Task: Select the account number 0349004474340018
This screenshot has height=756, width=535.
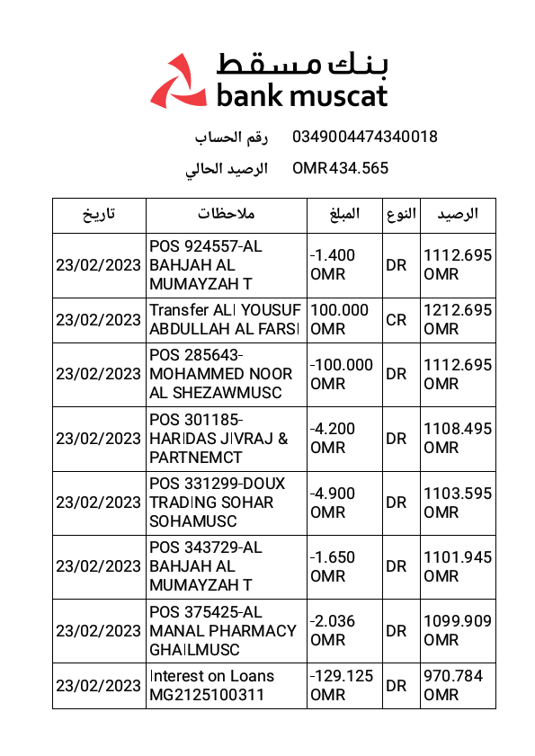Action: pos(364,137)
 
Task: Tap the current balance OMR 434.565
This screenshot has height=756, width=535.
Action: pos(340,168)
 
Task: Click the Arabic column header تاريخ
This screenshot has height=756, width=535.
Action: pos(99,215)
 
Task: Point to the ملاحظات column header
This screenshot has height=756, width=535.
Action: pos(227,215)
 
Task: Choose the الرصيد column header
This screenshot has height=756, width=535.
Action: pos(458,215)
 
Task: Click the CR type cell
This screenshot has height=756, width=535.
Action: pos(396,320)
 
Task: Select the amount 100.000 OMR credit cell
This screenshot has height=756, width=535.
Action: pos(340,320)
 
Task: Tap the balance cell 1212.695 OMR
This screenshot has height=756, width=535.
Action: pos(458,320)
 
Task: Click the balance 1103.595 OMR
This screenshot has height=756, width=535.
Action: pos(458,503)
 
